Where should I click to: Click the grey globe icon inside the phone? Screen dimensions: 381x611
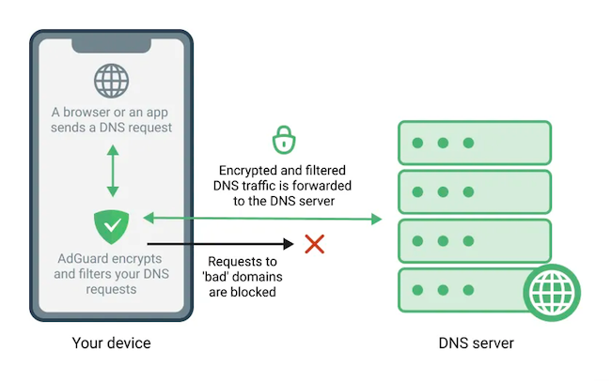(x=112, y=80)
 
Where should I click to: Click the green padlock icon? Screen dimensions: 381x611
(x=283, y=141)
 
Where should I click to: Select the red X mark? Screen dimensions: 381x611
(x=315, y=244)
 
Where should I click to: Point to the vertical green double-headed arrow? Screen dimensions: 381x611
(x=112, y=170)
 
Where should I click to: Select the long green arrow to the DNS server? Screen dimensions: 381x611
(x=263, y=219)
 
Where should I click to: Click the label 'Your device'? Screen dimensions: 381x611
(x=112, y=343)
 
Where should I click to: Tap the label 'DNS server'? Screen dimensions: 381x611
(x=477, y=343)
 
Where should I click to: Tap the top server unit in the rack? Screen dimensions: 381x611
(x=476, y=143)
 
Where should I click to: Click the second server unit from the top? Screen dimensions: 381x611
(x=476, y=191)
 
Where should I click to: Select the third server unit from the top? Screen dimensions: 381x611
(x=476, y=240)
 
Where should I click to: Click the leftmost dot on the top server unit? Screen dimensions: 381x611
(x=416, y=144)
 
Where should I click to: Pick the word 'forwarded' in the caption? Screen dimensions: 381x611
(x=316, y=186)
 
